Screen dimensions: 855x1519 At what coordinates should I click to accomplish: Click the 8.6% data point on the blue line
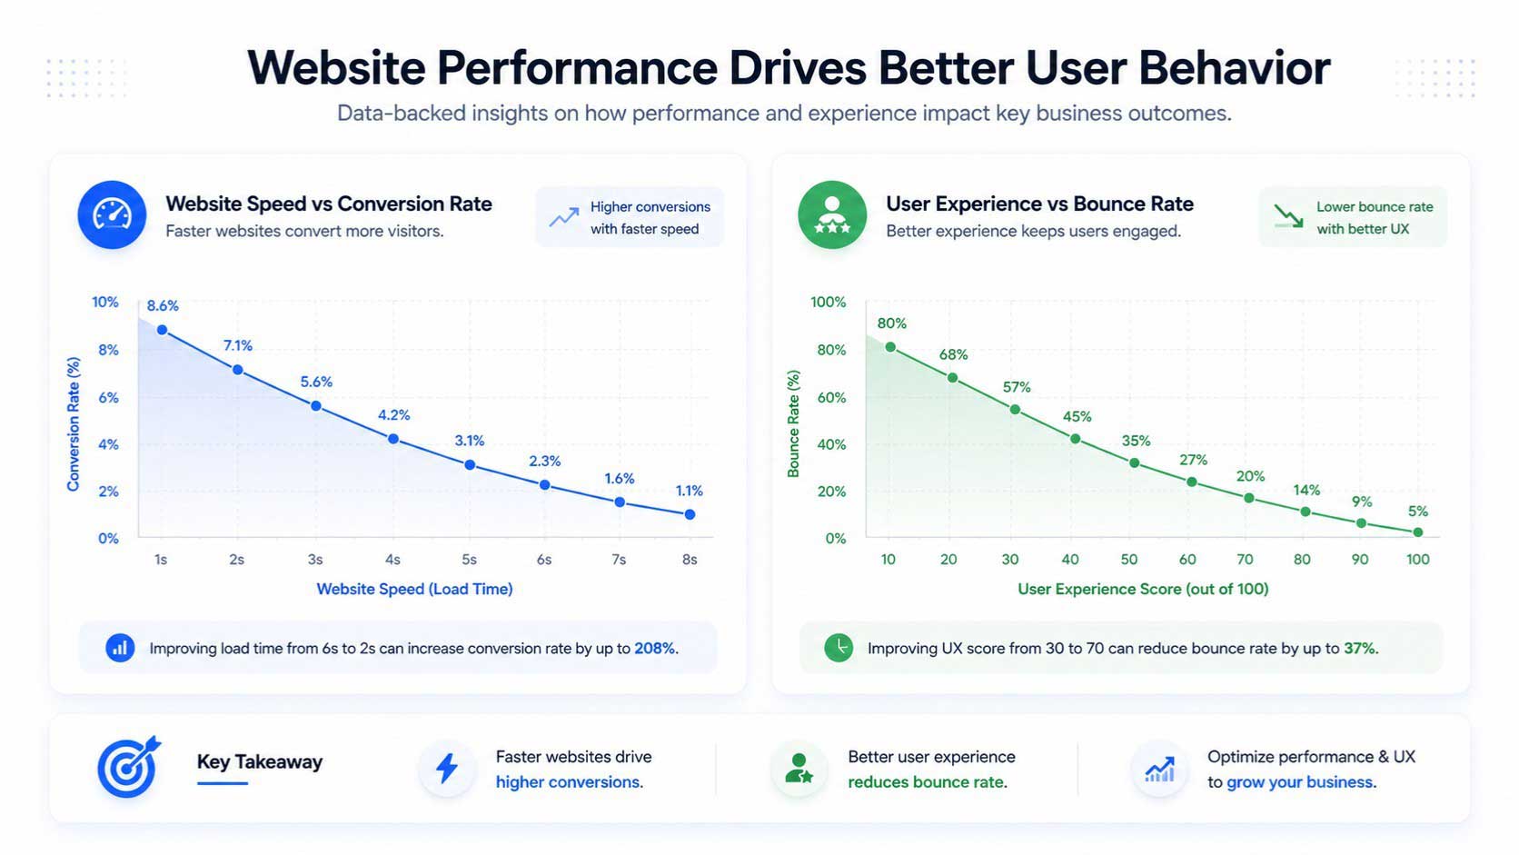click(162, 330)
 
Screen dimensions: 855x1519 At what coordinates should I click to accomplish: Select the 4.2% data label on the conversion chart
click(394, 415)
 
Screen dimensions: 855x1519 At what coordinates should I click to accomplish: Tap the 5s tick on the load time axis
click(469, 560)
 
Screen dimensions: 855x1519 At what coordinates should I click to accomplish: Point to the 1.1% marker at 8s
click(690, 514)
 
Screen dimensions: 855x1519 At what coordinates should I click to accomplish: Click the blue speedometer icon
click(112, 215)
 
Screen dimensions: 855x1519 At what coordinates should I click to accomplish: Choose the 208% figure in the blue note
click(655, 649)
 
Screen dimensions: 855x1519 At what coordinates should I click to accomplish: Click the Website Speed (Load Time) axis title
click(414, 589)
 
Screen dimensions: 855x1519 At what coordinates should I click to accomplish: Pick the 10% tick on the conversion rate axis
click(105, 302)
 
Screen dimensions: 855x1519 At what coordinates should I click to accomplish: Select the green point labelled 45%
click(1075, 439)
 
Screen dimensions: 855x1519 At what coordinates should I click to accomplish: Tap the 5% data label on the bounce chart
click(1417, 512)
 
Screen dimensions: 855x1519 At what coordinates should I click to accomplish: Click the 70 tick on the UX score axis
click(1245, 560)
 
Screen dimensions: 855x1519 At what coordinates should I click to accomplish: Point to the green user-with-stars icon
click(831, 215)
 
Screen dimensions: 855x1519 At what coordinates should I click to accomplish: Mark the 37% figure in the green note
click(1360, 649)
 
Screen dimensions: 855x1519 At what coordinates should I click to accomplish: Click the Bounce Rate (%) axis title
click(793, 423)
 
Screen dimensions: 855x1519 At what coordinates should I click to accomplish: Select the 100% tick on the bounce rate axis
click(828, 302)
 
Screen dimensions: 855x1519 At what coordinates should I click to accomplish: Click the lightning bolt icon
click(447, 769)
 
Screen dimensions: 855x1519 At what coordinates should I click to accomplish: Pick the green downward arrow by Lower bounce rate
click(1288, 216)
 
